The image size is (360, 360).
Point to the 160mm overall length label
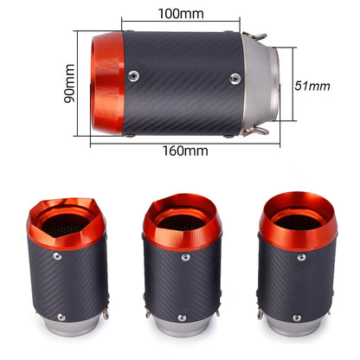coord(185,150)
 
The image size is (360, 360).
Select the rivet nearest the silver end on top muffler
coord(235,77)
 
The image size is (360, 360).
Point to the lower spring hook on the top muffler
coord(256,131)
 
